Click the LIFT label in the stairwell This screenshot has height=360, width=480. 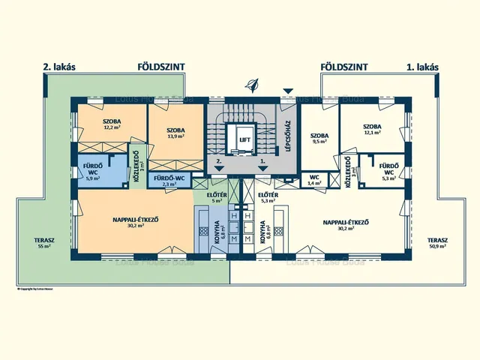(x=244, y=140)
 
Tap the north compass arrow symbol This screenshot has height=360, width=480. (x=253, y=85)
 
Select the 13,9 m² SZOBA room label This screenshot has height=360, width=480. (x=176, y=134)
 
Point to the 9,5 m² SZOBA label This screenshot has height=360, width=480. (x=319, y=139)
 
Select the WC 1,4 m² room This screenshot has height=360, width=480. (x=314, y=180)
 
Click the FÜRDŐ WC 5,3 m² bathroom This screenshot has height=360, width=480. (x=388, y=171)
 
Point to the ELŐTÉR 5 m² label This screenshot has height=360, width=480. (x=216, y=198)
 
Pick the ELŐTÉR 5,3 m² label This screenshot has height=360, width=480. (x=268, y=198)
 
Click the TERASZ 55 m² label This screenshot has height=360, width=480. (x=43, y=243)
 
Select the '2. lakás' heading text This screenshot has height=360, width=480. (x=60, y=67)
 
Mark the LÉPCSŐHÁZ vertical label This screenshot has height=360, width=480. (x=287, y=136)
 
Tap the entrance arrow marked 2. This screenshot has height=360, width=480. (x=218, y=166)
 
